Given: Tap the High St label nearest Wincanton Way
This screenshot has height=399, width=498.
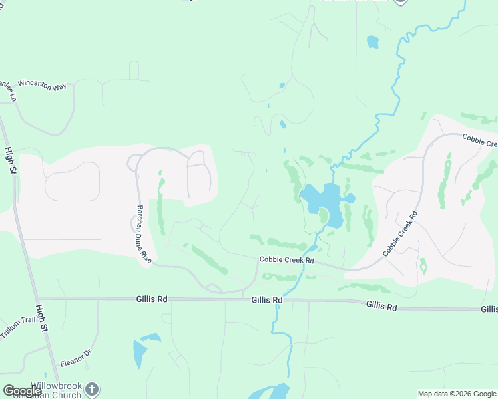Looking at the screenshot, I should (x=10, y=162).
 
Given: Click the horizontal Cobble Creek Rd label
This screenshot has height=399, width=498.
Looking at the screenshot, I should (x=286, y=260).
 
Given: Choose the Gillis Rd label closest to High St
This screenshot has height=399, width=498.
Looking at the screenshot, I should (x=152, y=299).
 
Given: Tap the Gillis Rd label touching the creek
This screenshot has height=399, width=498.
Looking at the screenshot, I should (x=267, y=301).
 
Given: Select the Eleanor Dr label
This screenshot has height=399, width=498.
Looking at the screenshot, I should (x=75, y=357).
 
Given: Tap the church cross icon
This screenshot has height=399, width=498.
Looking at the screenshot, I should (x=92, y=389).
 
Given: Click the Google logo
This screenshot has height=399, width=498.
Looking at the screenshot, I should (x=22, y=391).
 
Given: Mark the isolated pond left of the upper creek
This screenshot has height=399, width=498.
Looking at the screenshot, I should (x=372, y=42).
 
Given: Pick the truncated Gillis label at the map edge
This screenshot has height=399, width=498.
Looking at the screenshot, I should (x=489, y=309).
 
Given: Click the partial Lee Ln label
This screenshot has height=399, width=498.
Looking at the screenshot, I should (x=7, y=90).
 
